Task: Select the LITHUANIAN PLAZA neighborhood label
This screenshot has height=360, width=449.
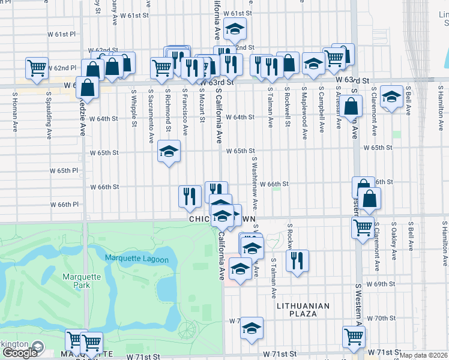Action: click(x=303, y=306)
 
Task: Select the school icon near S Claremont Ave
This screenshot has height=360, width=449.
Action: click(x=391, y=97)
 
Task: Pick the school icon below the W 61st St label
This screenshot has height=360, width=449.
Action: click(x=234, y=29)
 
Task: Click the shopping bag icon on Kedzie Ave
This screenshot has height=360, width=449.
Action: click(x=87, y=87)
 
